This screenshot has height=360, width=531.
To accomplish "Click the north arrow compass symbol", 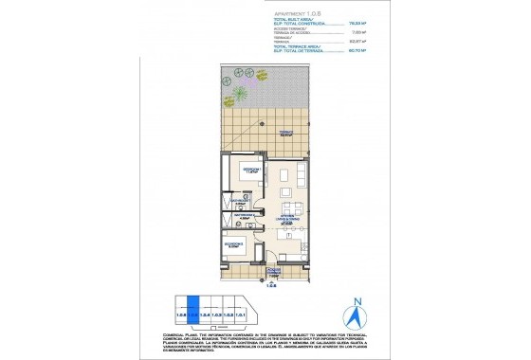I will (357, 312).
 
